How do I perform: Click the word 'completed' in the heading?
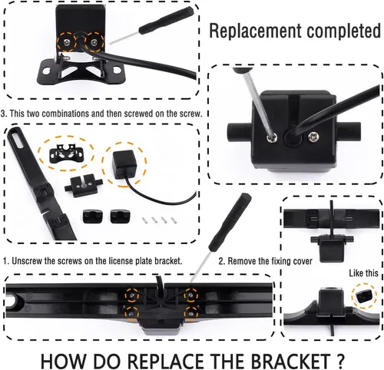point(343,31)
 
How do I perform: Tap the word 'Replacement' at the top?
point(256,31)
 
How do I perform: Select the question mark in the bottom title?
point(339,360)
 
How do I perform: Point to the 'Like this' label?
point(363,273)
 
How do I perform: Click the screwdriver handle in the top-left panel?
point(165,20)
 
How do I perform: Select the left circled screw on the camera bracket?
point(67,41)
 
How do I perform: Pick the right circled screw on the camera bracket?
point(95,41)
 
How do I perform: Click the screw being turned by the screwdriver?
point(272,137)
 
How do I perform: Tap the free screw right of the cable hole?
point(314,137)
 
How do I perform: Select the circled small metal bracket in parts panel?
point(66,153)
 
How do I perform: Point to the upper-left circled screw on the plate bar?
point(132,296)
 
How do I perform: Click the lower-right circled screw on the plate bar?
point(191,312)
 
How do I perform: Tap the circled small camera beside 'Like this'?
point(363,296)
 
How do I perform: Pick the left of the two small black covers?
point(93,216)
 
